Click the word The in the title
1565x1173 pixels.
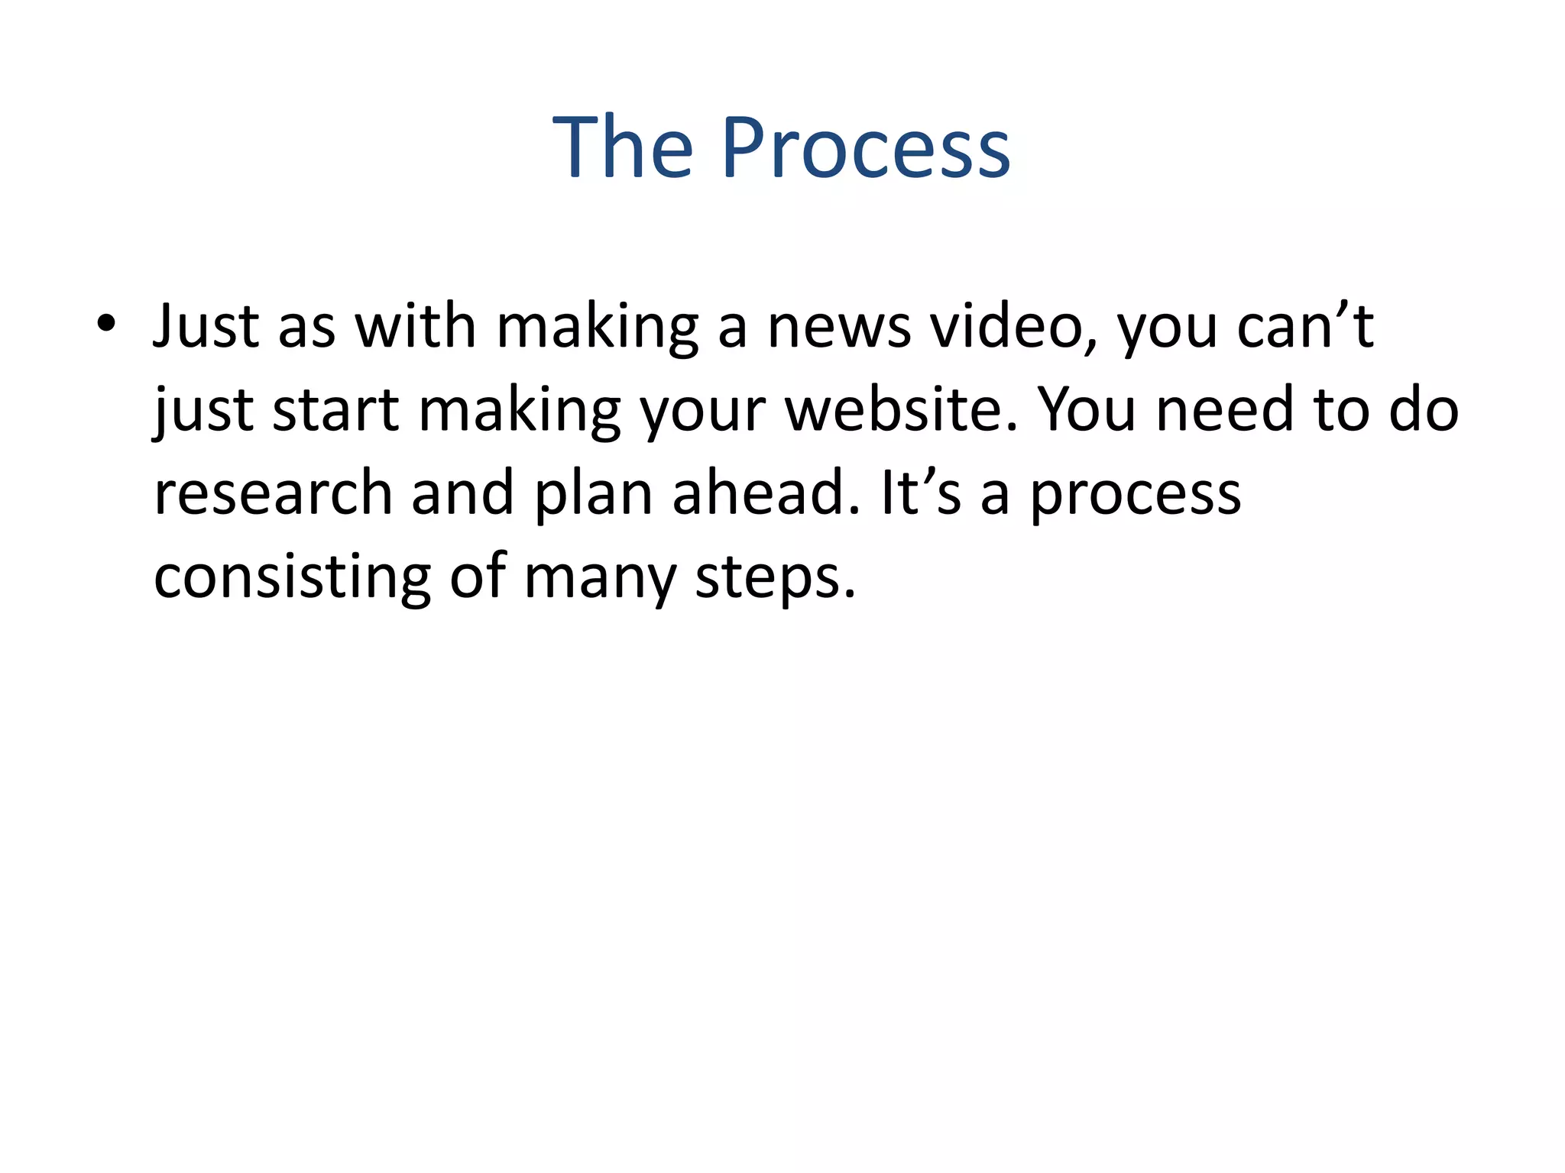tap(623, 148)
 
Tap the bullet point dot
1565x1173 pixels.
tap(106, 325)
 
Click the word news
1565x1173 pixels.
tap(838, 327)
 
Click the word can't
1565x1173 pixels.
tap(1305, 327)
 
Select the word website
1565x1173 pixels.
tap(902, 410)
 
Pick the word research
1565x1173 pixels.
tap(273, 493)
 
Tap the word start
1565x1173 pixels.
tap(336, 410)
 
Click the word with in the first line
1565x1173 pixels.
tap(416, 327)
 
